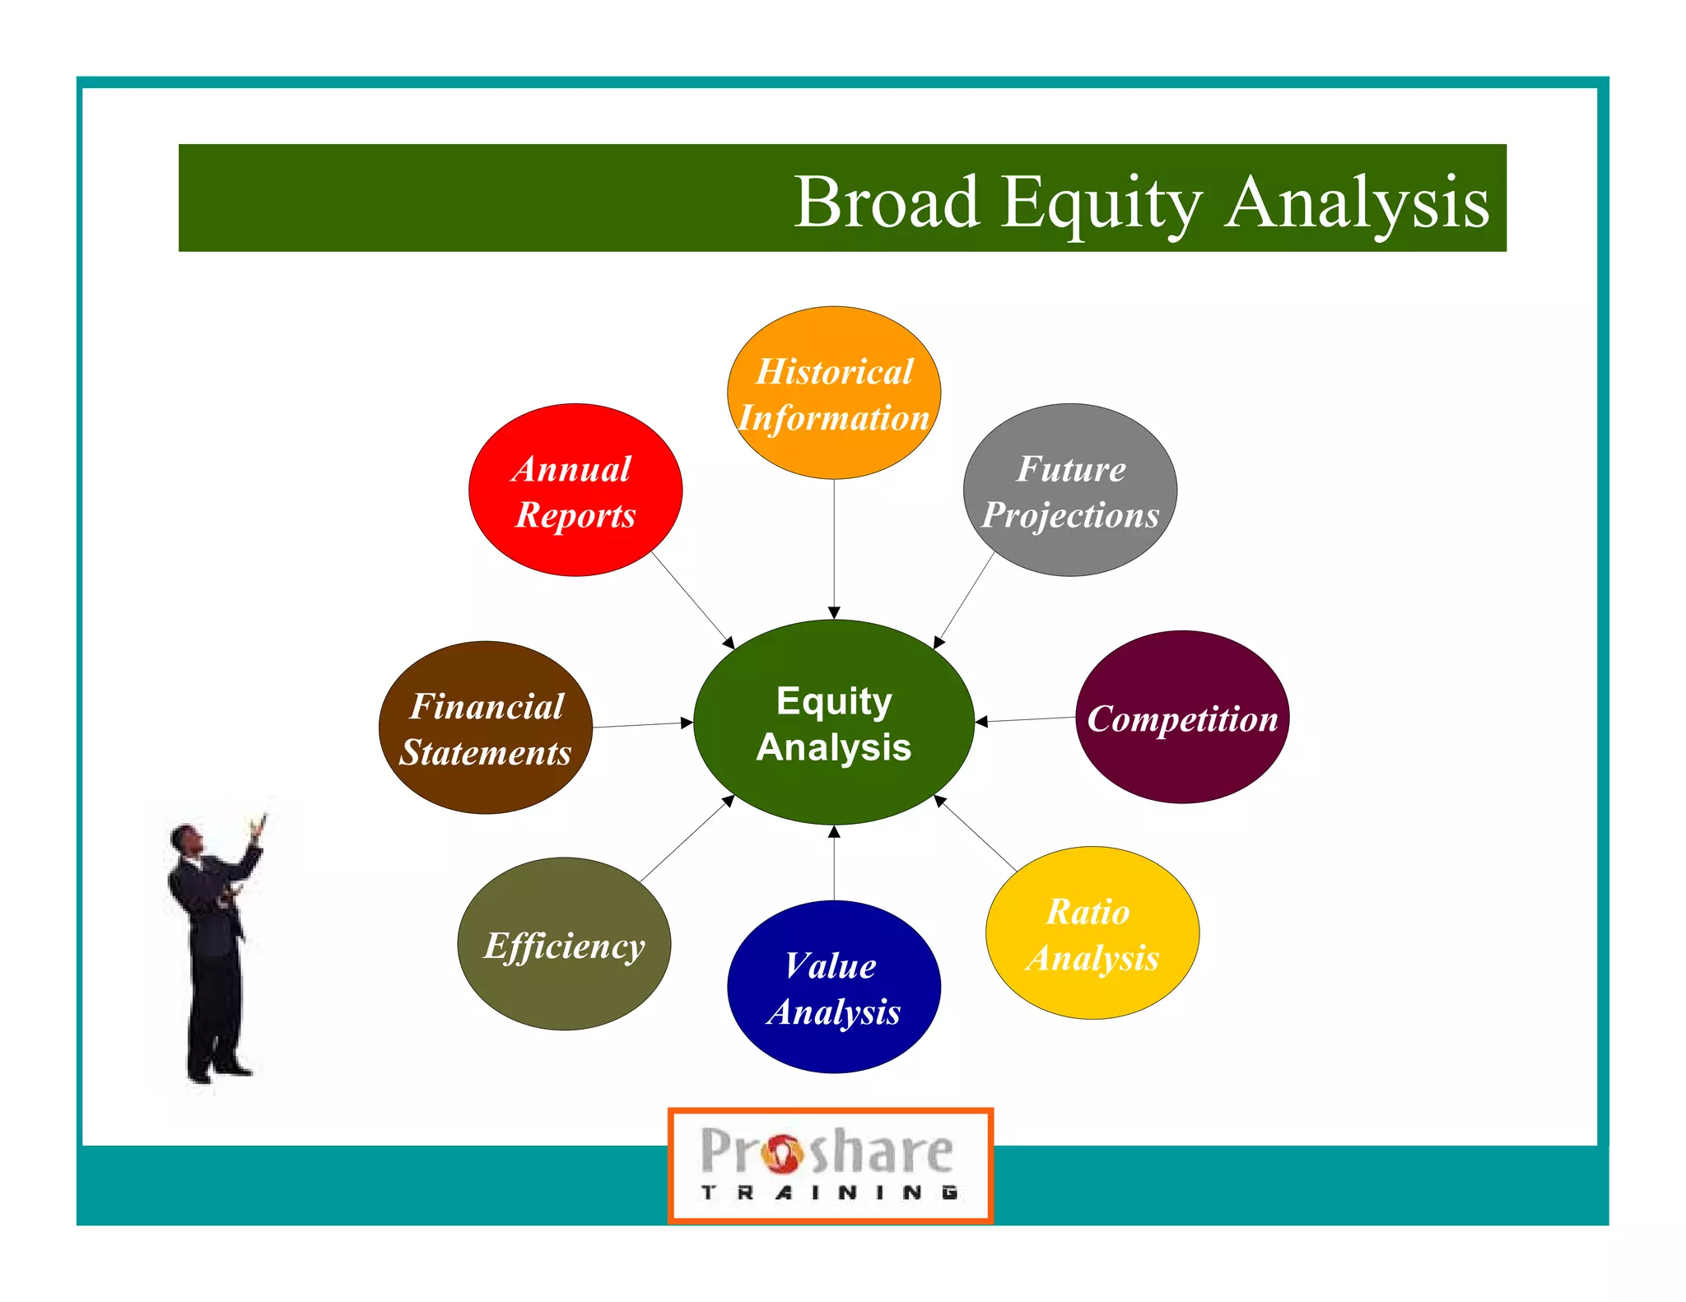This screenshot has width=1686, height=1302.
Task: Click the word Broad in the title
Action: [887, 202]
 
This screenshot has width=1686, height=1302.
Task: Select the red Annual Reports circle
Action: [575, 491]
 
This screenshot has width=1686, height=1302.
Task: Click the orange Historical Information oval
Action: [833, 393]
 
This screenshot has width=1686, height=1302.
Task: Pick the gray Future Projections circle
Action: [1069, 491]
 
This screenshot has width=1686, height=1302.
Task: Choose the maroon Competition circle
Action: [1182, 718]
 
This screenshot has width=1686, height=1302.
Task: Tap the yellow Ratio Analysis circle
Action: [1092, 933]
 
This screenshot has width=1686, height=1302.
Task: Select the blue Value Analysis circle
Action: [833, 987]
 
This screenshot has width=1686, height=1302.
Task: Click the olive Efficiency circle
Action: [564, 944]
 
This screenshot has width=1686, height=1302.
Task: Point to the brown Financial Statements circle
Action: [485, 728]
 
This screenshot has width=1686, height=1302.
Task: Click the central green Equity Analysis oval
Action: [833, 723]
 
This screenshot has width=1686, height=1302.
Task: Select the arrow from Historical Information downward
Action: [834, 547]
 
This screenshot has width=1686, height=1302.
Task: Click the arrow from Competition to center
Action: [1025, 720]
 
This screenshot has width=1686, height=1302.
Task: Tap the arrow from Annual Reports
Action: [692, 599]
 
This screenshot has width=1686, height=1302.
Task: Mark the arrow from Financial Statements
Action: [642, 725]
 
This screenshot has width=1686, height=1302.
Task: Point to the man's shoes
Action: [218, 1071]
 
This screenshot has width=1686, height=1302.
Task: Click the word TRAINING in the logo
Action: [829, 1192]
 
